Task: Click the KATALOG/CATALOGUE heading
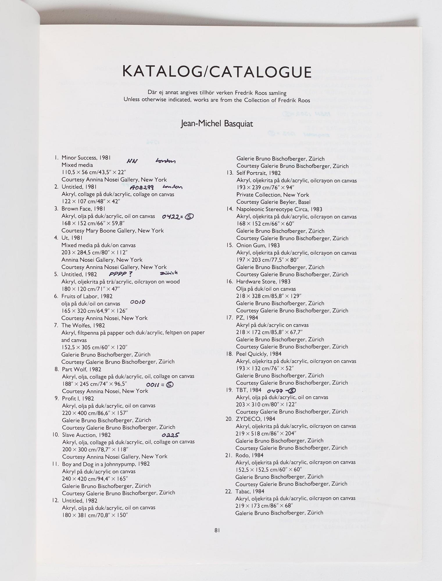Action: pyautogui.click(x=217, y=72)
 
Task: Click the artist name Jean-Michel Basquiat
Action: pyautogui.click(x=217, y=124)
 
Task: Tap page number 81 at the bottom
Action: pyautogui.click(x=217, y=530)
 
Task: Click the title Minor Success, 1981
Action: pyautogui.click(x=86, y=158)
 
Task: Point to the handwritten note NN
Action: pyautogui.click(x=132, y=162)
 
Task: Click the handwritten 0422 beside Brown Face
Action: pyautogui.click(x=171, y=216)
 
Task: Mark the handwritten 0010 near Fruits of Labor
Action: pyautogui.click(x=138, y=302)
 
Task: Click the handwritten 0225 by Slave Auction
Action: pyautogui.click(x=171, y=435)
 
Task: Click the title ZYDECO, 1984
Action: pyautogui.click(x=255, y=419)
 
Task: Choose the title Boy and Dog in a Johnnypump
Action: pyautogui.click(x=106, y=464)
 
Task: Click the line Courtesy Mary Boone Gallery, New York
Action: pyautogui.click(x=112, y=231)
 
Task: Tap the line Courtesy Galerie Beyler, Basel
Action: pyautogui.click(x=273, y=202)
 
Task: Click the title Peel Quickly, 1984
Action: pyautogui.click(x=259, y=354)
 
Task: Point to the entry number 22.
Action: pyautogui.click(x=228, y=491)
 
